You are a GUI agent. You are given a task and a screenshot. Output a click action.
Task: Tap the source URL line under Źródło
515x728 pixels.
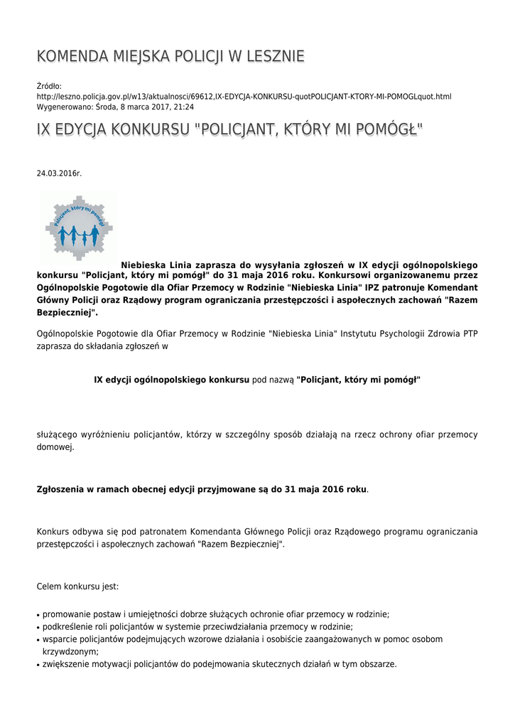click(244, 96)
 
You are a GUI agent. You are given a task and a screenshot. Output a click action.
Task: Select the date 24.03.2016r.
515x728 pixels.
click(59, 173)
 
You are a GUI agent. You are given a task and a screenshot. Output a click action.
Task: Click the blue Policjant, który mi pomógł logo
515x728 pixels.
click(79, 226)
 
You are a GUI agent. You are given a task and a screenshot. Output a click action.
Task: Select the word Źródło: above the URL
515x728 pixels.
click(49, 86)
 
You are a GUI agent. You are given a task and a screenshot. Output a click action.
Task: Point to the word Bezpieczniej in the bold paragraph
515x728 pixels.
click(65, 313)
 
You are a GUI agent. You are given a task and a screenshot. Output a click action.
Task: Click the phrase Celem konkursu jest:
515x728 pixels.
click(77, 587)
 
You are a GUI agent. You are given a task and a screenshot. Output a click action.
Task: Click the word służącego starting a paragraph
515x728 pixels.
click(59, 434)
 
